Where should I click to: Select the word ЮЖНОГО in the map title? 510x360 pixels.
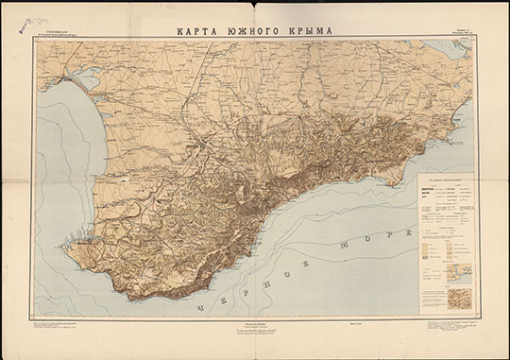[x=253, y=30]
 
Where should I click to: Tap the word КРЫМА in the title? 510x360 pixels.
[x=309, y=30]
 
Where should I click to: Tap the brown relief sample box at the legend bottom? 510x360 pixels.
[x=458, y=300]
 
